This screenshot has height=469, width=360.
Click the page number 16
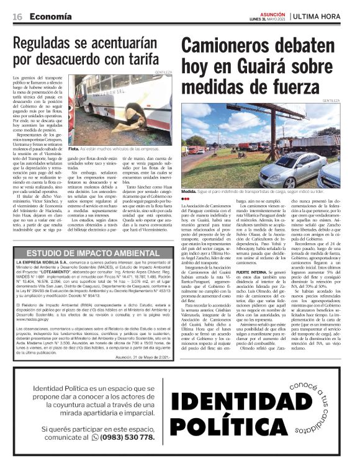(17, 16)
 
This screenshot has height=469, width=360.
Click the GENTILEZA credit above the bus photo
(163, 73)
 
